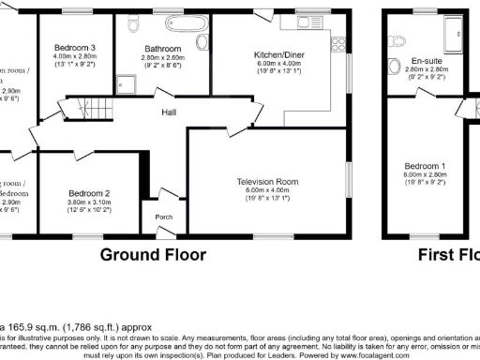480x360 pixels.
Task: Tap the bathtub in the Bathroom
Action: (x=172, y=25)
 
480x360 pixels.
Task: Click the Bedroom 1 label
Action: (x=425, y=166)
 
